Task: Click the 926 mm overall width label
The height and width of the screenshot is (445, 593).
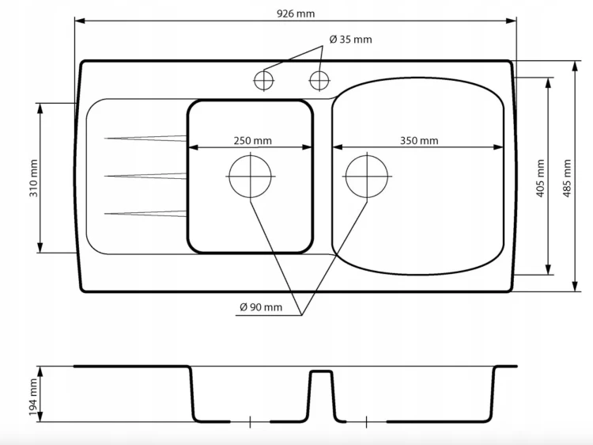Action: click(296, 14)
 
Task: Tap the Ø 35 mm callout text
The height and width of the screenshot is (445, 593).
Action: click(350, 40)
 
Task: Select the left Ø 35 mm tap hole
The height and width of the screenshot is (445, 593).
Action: click(263, 80)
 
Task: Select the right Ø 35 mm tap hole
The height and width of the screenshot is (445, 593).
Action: click(319, 80)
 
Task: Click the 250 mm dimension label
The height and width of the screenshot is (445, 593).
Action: click(252, 141)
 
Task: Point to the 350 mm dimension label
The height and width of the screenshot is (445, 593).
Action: click(419, 141)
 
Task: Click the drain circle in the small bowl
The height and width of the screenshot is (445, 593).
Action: click(251, 177)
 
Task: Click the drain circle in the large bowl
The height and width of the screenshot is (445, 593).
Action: click(367, 177)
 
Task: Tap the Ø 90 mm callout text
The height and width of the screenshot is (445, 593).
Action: click(261, 307)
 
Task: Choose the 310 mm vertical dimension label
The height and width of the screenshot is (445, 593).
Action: click(34, 178)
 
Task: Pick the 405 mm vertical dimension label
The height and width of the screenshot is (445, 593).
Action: click(540, 178)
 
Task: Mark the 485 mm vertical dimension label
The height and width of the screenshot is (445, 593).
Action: click(567, 178)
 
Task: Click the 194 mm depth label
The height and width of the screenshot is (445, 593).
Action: click(34, 397)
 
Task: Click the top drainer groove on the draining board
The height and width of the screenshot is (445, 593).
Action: click(145, 139)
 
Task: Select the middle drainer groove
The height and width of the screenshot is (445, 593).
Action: click(145, 176)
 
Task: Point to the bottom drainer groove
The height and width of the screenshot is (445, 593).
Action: click(145, 214)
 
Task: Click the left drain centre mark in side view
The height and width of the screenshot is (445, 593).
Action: click(250, 421)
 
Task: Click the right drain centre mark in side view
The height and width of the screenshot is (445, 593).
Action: click(366, 421)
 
